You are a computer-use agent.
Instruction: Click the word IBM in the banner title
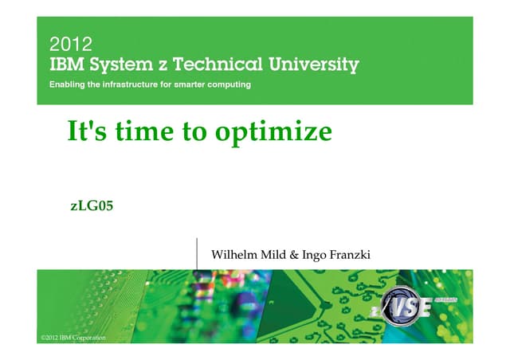(x=68, y=64)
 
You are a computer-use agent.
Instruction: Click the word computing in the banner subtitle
(x=227, y=84)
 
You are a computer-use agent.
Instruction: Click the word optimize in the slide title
(x=273, y=131)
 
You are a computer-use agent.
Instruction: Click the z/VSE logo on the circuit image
(x=406, y=306)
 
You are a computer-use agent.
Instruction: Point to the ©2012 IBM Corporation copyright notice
(x=73, y=338)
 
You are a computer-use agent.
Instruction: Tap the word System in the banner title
(x=133, y=65)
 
